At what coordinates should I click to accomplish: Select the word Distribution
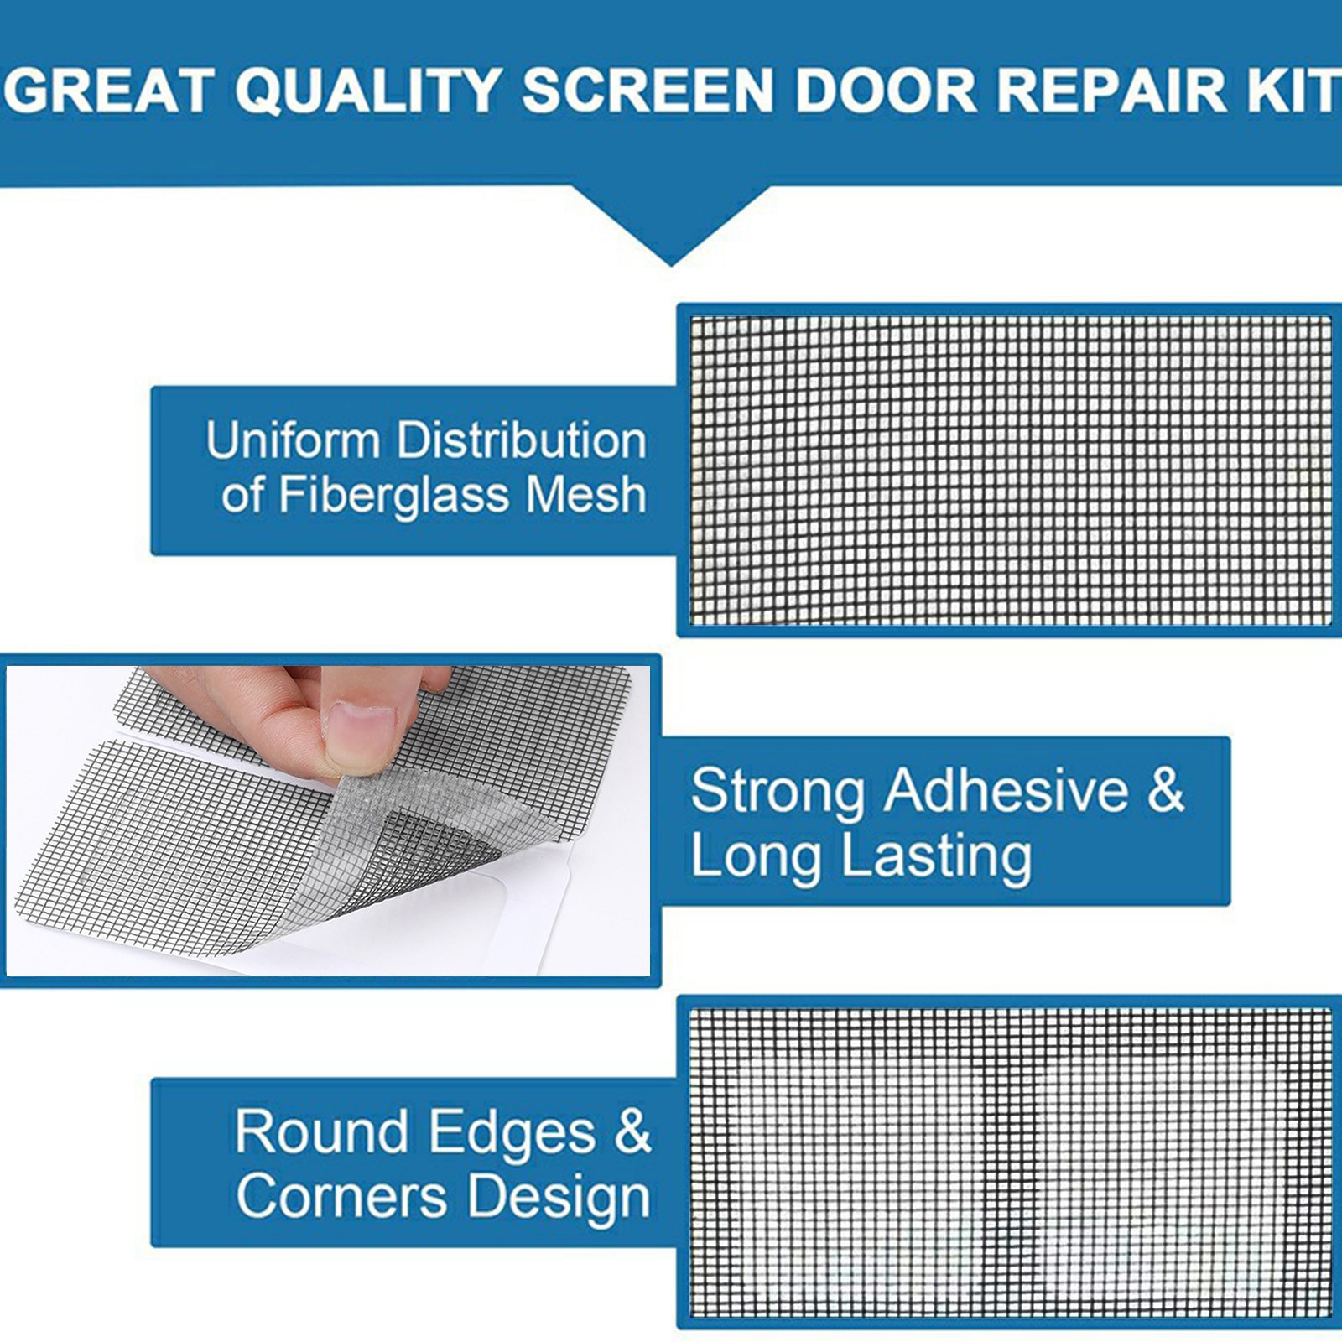pos(522,440)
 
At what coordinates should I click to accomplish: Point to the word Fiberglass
pos(393,495)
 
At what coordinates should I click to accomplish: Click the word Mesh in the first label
pos(585,495)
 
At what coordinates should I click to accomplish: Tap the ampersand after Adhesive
pos(1166,790)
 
